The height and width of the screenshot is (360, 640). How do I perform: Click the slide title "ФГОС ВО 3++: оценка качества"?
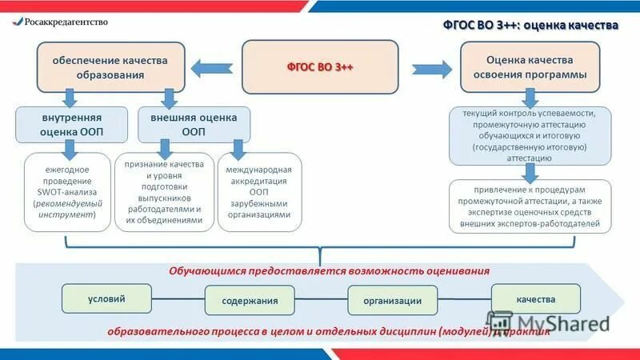[530, 25]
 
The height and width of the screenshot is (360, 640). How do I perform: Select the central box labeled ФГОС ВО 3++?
[320, 66]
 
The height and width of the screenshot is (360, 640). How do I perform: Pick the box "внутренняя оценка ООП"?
[72, 124]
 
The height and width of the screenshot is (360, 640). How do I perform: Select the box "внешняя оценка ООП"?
[193, 124]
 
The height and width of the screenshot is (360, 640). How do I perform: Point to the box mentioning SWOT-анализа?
[67, 192]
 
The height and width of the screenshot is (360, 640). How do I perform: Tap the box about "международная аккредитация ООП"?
[258, 192]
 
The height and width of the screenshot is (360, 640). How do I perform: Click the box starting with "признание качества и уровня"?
[164, 192]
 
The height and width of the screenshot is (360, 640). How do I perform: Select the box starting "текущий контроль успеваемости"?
[529, 136]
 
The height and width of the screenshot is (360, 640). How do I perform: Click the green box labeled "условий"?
[106, 298]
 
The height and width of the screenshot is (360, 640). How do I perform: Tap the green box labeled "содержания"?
[250, 301]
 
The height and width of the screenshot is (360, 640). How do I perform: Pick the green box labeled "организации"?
[392, 301]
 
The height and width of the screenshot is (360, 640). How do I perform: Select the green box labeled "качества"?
[535, 299]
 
